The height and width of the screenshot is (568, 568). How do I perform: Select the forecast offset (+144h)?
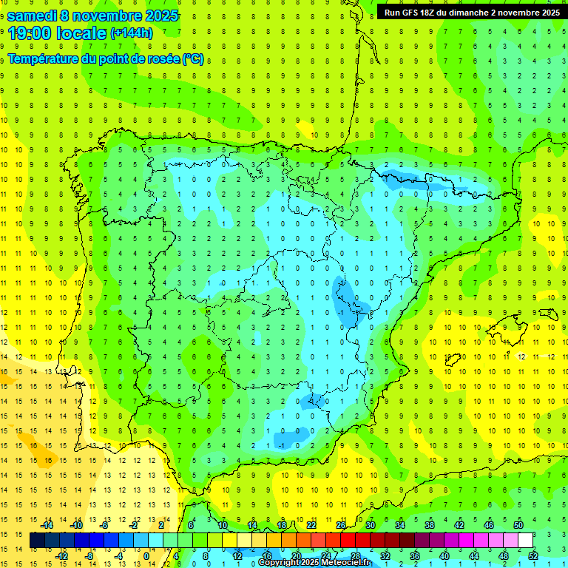click(x=132, y=33)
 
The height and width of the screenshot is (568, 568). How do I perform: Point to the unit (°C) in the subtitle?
click(x=193, y=59)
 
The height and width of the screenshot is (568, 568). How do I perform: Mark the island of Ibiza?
click(x=452, y=360)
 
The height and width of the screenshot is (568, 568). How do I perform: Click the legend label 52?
click(x=533, y=555)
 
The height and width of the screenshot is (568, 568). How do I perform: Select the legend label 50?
click(x=518, y=525)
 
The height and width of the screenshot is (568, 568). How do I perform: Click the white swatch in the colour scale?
click(x=525, y=541)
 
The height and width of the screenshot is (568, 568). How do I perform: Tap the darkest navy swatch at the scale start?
click(x=37, y=541)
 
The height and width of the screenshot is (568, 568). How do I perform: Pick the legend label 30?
click(x=371, y=525)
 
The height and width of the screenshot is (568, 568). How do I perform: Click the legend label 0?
click(x=146, y=555)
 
